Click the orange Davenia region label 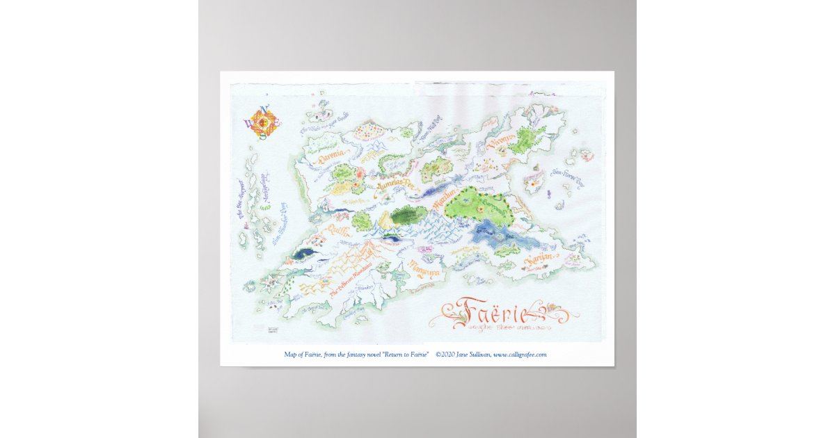(331, 160)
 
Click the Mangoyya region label (423, 266)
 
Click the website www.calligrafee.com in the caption (520, 355)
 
